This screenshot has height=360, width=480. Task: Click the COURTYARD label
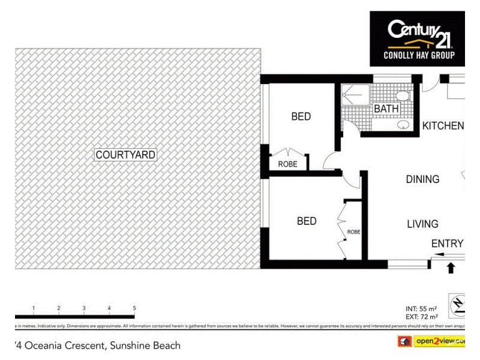coord(125,155)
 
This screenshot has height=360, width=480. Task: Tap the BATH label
coord(386,109)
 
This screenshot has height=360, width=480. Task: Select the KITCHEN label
coord(443,126)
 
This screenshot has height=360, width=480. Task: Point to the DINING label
coord(422,179)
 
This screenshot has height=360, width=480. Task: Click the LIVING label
coord(422,224)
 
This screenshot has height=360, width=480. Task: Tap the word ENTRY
coord(447,243)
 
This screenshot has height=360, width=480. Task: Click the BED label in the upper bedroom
coord(301,116)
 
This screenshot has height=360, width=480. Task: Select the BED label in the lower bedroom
coord(307,221)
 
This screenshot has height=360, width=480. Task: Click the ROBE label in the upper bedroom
coord(287,164)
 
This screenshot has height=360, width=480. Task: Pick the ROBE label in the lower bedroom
coord(353,232)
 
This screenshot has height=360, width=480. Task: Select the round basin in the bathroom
coord(404,124)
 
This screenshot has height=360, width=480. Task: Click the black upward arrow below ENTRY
coord(451,267)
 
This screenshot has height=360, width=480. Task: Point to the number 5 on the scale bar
coord(134,308)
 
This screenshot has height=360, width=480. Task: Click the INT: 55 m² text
coord(422,308)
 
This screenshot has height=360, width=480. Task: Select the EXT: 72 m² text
coord(422,316)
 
